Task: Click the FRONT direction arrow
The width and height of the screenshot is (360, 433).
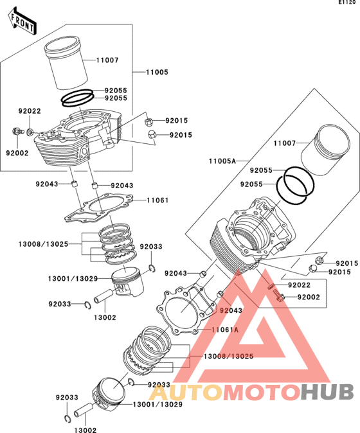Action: pos(22,21)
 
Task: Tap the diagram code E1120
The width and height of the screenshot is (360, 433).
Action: pos(347,3)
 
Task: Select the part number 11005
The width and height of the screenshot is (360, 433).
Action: pos(157,72)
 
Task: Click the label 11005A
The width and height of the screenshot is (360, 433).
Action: pos(222,161)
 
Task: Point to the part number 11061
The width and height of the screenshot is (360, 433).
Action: pos(157,200)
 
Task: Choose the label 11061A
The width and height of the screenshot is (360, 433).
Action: pos(225,330)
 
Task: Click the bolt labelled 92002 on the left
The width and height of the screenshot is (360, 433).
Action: pos(17,131)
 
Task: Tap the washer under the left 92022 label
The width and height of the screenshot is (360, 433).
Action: pos(30,132)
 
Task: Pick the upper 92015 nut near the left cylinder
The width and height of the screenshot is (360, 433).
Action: pos(148,121)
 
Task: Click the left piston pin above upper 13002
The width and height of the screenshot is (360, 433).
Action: pos(104,296)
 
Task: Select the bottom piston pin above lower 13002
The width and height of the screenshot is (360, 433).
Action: pos(84,410)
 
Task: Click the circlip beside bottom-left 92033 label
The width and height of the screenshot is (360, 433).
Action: pos(67,419)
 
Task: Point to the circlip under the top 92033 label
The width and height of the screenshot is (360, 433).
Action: pos(152,268)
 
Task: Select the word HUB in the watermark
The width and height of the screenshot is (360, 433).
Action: pos(327,392)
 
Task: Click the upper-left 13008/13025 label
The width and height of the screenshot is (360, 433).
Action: pos(43,244)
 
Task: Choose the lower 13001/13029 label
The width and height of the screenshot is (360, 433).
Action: pos(157,405)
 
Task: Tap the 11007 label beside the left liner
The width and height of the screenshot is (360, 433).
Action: pos(107,60)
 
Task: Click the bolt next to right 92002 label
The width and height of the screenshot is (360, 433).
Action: pos(280,296)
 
